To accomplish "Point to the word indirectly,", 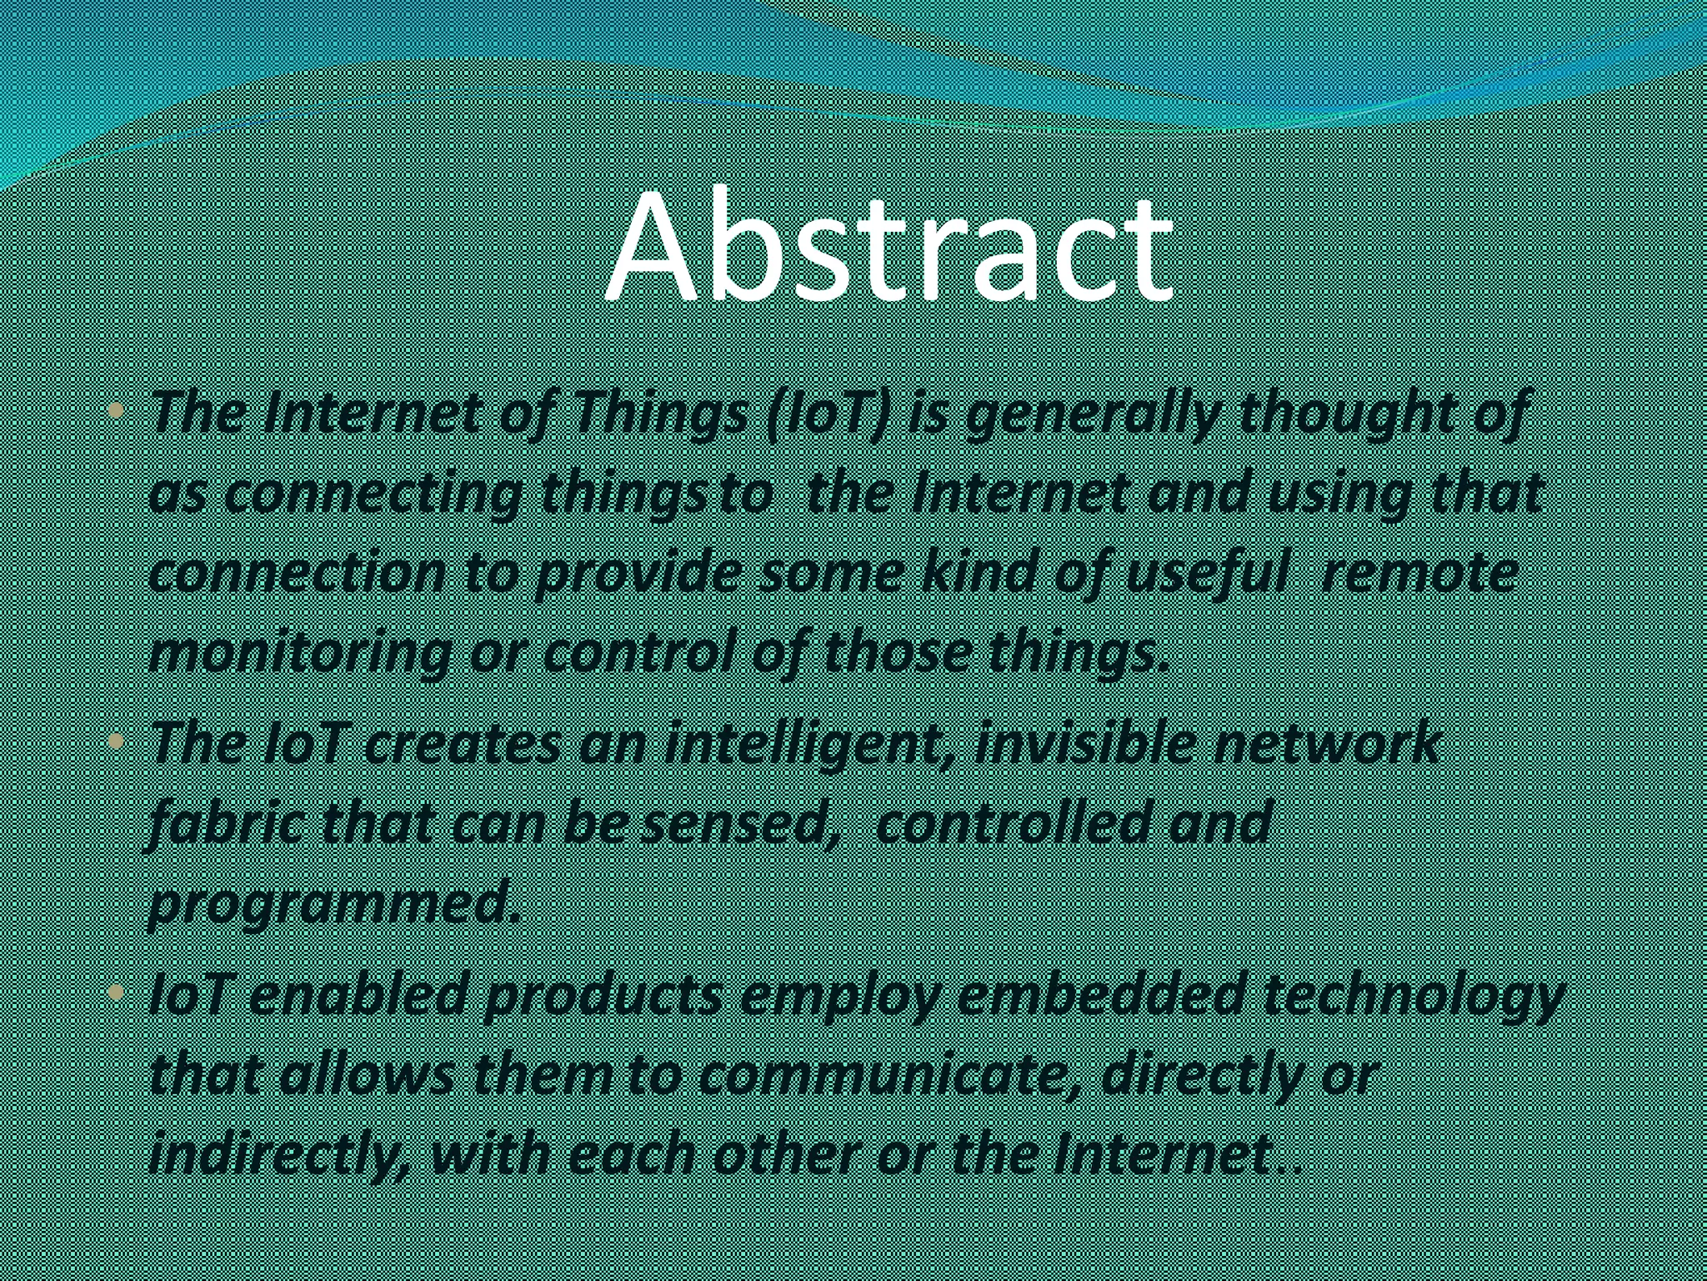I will pos(279,1156).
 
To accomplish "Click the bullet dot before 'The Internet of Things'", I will pos(118,412).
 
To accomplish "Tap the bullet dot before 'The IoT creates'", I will pos(118,741).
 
